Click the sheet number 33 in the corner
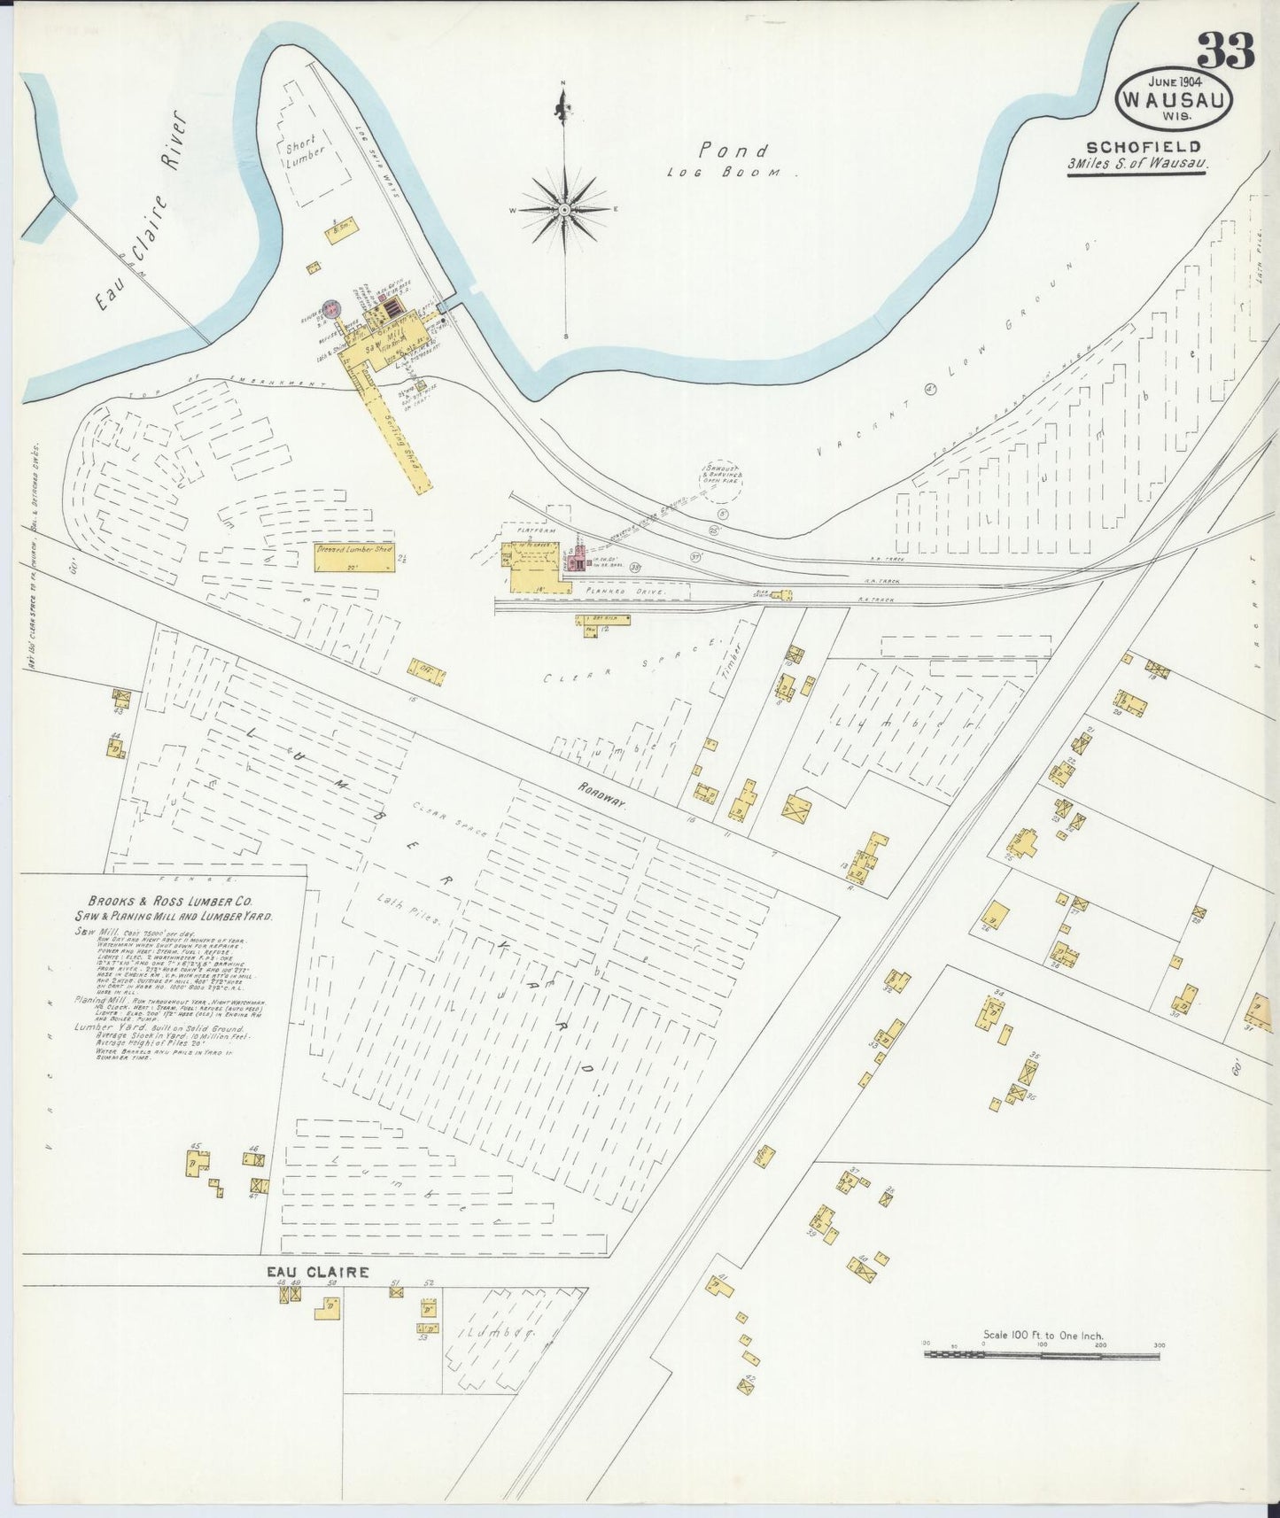[1227, 50]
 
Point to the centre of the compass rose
[563, 210]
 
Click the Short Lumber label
[306, 149]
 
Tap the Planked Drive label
[605, 587]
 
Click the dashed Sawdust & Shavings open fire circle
[723, 483]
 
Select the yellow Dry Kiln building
[604, 620]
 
